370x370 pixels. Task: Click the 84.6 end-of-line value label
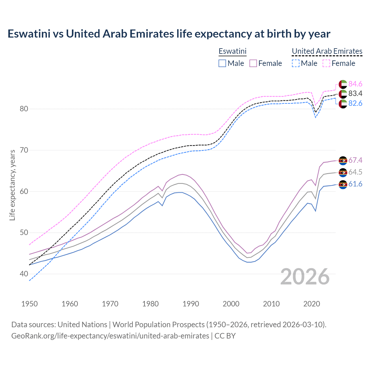pyautogui.click(x=355, y=84)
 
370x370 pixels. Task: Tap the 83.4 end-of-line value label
pyautogui.click(x=355, y=93)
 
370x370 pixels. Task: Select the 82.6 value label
pyautogui.click(x=355, y=103)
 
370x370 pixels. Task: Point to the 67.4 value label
pyautogui.click(x=355, y=160)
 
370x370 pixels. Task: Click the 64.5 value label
pyautogui.click(x=355, y=172)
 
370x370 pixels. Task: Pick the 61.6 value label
pyautogui.click(x=355, y=184)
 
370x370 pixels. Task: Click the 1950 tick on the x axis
pyautogui.click(x=29, y=304)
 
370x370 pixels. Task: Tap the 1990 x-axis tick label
pyautogui.click(x=191, y=304)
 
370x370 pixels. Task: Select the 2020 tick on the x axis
pyautogui.click(x=312, y=304)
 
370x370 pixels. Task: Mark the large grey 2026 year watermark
pyautogui.click(x=305, y=277)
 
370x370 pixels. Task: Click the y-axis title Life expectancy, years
pyautogui.click(x=12, y=185)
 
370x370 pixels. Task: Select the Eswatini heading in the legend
pyautogui.click(x=232, y=51)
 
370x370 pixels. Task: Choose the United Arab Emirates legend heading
pyautogui.click(x=327, y=51)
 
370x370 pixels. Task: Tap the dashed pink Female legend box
pyautogui.click(x=326, y=63)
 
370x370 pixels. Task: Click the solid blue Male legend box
pyautogui.click(x=222, y=63)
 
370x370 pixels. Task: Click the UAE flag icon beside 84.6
pyautogui.click(x=343, y=84)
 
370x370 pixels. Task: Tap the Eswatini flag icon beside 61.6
pyautogui.click(x=343, y=184)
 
